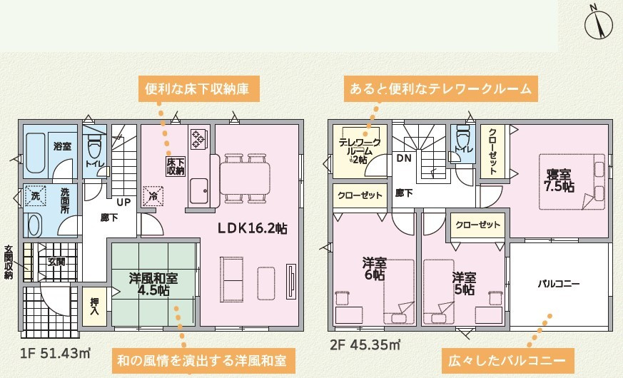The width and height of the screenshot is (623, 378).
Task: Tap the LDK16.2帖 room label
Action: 253,228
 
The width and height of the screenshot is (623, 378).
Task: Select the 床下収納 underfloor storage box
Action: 176,166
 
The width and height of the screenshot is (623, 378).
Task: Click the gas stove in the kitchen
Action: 198,138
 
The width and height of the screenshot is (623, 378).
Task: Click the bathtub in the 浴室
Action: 36,153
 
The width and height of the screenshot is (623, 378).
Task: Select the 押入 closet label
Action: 94,306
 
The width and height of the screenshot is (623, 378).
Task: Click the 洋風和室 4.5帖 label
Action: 153,285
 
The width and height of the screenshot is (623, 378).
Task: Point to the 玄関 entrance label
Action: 56,262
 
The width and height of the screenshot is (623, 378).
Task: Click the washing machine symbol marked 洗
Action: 36,195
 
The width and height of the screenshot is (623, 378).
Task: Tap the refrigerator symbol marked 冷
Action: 153,196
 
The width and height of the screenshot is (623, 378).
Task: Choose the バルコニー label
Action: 559,284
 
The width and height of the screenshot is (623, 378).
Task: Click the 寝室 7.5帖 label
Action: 559,180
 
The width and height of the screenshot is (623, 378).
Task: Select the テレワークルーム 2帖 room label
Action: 360,151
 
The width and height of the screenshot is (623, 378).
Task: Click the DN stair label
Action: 404,158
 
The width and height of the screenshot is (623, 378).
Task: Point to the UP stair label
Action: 123,202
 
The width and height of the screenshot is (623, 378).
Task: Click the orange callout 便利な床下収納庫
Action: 197,88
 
